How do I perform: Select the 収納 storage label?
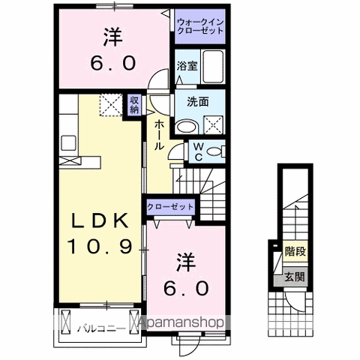pyautogui.click(x=134, y=104)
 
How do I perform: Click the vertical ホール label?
pyautogui.click(x=159, y=135)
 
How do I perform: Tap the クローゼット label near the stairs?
pyautogui.click(x=171, y=206)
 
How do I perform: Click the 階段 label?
pyautogui.click(x=295, y=252)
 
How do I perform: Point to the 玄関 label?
pyautogui.click(x=295, y=278)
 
